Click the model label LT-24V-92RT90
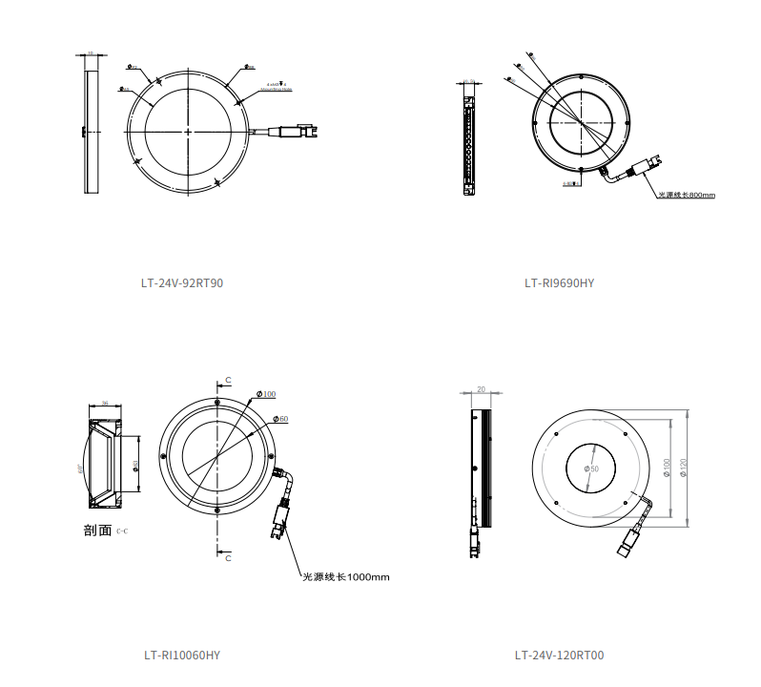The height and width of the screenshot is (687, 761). [x=181, y=282]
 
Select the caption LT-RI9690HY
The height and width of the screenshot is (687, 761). [x=559, y=282]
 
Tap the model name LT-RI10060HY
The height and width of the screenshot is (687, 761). [x=182, y=655]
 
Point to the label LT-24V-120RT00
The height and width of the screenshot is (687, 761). [x=559, y=655]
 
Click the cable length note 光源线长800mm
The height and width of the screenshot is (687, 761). [x=686, y=195]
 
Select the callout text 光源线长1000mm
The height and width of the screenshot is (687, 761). [x=345, y=576]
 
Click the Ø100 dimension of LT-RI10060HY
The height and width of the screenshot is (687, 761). [x=266, y=394]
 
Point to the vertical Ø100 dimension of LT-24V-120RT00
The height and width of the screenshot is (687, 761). [x=667, y=468]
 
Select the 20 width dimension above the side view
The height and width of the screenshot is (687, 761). [x=481, y=389]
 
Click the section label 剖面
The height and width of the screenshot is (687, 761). [x=97, y=530]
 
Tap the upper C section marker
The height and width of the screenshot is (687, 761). [x=228, y=381]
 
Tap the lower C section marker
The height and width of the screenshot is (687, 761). [x=228, y=558]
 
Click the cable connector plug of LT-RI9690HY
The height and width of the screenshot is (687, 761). [x=643, y=168]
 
